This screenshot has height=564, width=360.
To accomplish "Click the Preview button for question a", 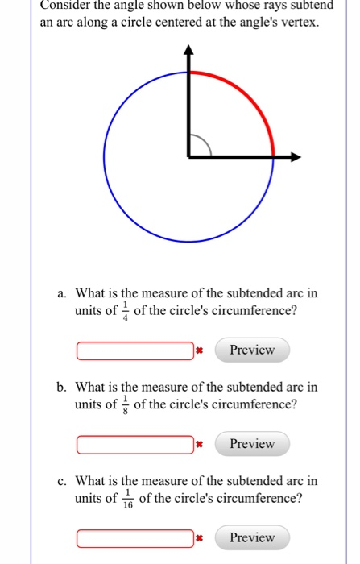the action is click(252, 350).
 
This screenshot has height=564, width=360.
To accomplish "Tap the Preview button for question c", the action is click(252, 537).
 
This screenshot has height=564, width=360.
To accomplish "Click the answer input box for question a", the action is click(135, 351).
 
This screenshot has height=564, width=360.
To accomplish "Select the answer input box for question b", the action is click(135, 445).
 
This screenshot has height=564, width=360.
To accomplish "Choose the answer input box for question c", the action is click(135, 538).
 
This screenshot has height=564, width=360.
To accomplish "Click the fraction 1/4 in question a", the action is click(126, 311).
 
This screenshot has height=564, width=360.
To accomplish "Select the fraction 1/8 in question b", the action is click(126, 404).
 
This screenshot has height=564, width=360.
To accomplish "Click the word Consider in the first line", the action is click(67, 5).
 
